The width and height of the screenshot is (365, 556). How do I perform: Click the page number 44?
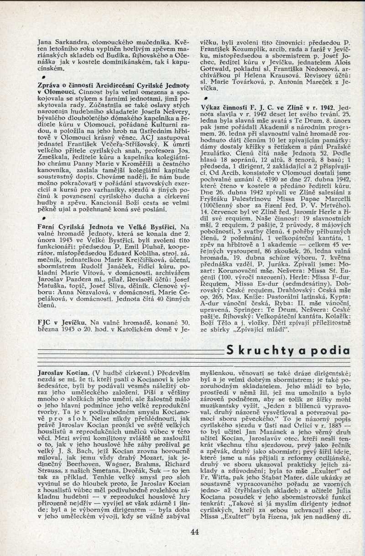tap(195, 531)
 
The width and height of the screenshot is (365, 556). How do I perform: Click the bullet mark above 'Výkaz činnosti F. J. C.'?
tap(206, 98)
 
